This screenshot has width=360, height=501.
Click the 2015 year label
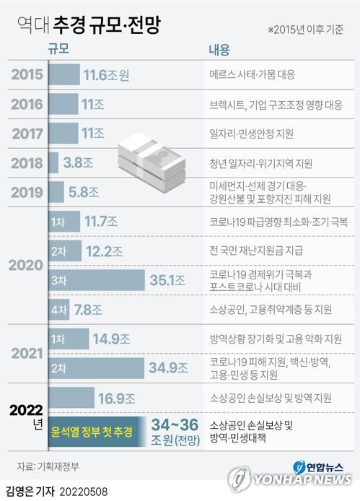[26, 74]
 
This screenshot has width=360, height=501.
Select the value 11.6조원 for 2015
[106, 74]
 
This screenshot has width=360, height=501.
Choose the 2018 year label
[26, 162]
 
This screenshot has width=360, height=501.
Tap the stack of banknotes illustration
[149, 153]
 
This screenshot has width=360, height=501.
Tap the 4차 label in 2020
[59, 309]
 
